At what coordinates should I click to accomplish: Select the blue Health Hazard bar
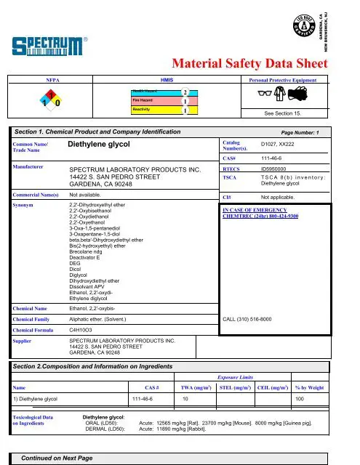coord(157,92)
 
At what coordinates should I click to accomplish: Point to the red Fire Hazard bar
coord(157,101)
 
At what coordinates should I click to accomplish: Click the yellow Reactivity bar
coord(157,110)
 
